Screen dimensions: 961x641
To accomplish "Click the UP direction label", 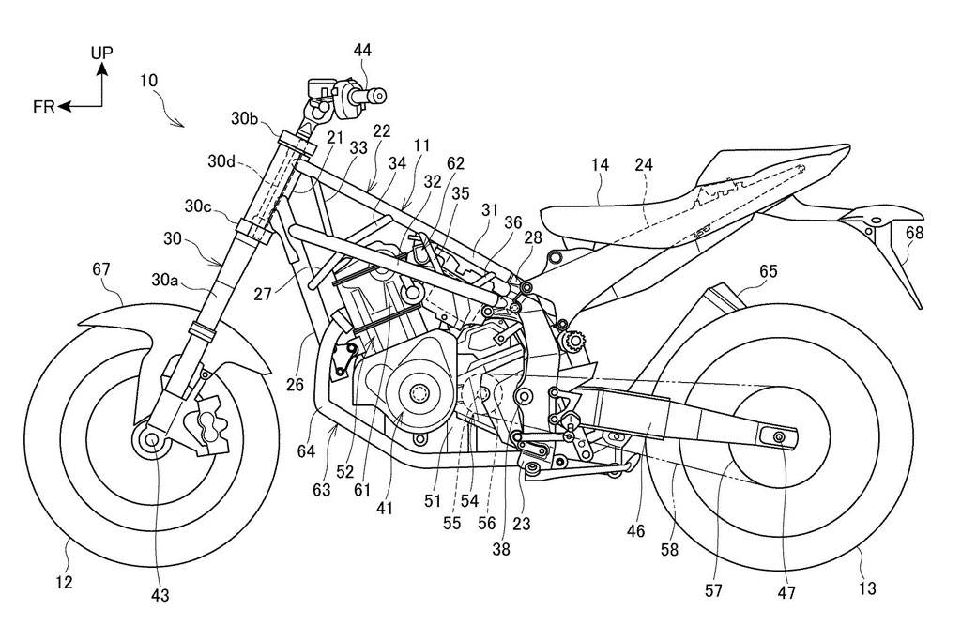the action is (x=102, y=53).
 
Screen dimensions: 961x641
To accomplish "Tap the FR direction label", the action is (x=43, y=107).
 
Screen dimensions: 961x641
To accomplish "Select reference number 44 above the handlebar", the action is (x=362, y=51).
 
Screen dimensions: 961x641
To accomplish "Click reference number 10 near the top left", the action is (x=148, y=81).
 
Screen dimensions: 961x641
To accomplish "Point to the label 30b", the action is (x=245, y=118).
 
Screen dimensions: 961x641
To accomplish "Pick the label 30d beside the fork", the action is (x=221, y=161).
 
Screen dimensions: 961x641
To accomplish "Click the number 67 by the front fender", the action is (x=101, y=269).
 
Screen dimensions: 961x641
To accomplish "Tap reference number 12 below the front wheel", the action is (x=64, y=582).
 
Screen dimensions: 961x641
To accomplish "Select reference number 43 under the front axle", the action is (x=160, y=593).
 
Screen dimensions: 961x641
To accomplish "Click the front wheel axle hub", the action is (x=150, y=439).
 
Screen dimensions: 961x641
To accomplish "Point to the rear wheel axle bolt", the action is (x=779, y=436).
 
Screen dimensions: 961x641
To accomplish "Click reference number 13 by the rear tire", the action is (x=867, y=588).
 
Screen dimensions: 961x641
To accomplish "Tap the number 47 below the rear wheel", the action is (x=786, y=592).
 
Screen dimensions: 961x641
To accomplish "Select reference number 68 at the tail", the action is (x=914, y=233).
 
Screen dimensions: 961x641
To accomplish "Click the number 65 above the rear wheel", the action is (x=768, y=270).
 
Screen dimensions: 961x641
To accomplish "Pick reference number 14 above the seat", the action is (x=601, y=164).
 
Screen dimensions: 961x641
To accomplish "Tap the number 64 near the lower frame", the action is (x=306, y=451).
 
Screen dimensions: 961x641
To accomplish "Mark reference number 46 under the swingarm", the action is (x=635, y=530).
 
